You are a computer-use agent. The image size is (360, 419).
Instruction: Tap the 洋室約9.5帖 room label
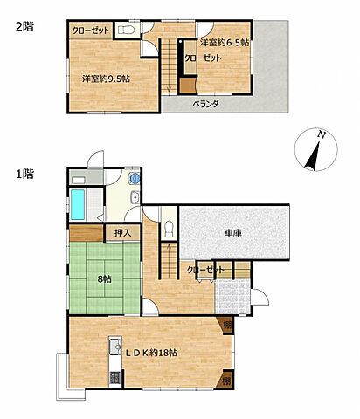pyautogui.click(x=107, y=79)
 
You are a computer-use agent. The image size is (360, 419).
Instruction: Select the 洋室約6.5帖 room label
pyautogui.click(x=224, y=42)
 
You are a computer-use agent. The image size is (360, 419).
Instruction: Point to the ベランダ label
pyautogui.click(x=205, y=104)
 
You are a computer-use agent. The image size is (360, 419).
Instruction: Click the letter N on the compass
pyautogui.click(x=322, y=135)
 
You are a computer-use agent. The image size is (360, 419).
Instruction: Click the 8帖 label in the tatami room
pyautogui.click(x=104, y=280)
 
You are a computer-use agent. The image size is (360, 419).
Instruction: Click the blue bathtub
pyautogui.click(x=79, y=204)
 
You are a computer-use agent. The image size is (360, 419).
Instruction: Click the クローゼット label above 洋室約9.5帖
pyautogui.click(x=91, y=31)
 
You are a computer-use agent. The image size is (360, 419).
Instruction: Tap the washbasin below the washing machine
pyautogui.click(x=134, y=198)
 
